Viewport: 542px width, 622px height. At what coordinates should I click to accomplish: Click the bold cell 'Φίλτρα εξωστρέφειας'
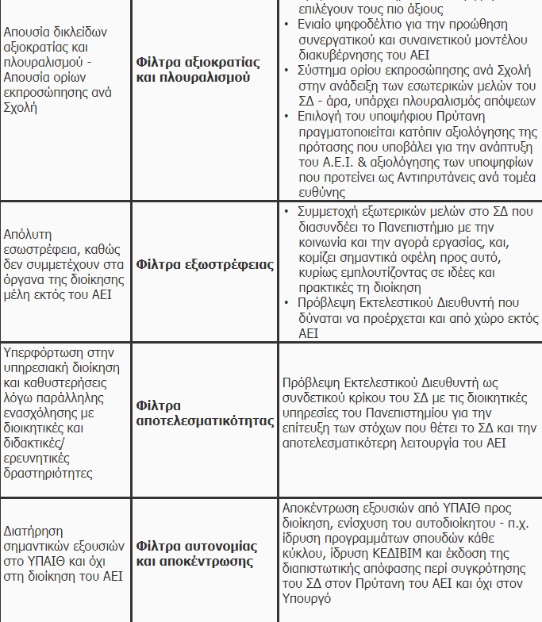pyautogui.click(x=205, y=264)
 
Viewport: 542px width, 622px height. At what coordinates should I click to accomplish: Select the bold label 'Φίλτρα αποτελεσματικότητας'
pyautogui.click(x=205, y=413)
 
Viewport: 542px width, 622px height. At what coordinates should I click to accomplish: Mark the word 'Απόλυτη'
pyautogui.click(x=28, y=234)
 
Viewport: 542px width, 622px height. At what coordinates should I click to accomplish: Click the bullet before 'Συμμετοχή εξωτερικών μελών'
pyautogui.click(x=286, y=212)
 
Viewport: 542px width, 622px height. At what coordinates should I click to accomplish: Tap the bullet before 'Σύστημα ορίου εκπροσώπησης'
pyautogui.click(x=286, y=71)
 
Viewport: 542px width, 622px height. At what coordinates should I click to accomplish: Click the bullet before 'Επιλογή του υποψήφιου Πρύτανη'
pyautogui.click(x=286, y=116)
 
